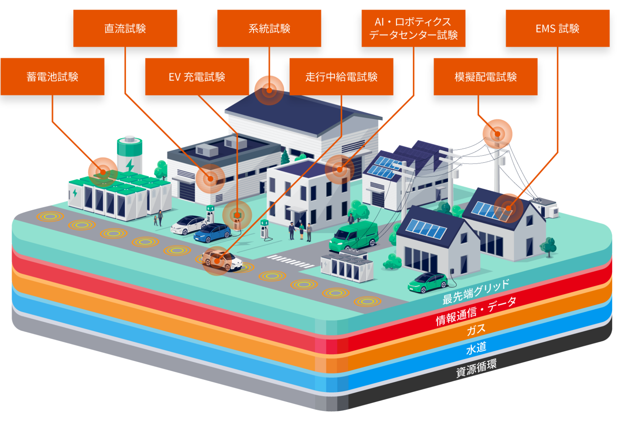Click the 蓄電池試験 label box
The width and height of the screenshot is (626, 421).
[x=53, y=76]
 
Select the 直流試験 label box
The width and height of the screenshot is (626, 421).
[x=125, y=28]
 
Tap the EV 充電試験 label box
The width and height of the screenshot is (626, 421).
[x=197, y=76]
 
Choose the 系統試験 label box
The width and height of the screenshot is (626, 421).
[x=269, y=28]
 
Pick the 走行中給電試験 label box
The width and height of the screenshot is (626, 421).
[x=341, y=76]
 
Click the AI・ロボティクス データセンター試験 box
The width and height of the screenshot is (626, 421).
[x=413, y=28]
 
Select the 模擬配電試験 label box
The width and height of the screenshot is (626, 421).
[x=486, y=76]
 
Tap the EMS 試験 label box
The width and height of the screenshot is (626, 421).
[x=558, y=28]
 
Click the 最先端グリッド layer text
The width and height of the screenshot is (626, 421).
[x=476, y=292]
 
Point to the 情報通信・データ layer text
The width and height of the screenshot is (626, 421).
[x=476, y=311]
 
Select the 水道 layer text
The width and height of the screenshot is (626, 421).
[x=476, y=348]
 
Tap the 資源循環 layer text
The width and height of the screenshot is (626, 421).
[x=476, y=368]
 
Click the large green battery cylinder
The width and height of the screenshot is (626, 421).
[x=130, y=154]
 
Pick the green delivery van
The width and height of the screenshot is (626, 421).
[x=354, y=236]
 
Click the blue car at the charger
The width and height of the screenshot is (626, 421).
[x=213, y=232]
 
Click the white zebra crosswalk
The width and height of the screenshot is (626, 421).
[x=290, y=261]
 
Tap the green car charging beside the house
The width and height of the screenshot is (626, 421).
[x=428, y=282]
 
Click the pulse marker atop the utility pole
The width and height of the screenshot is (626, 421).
[x=497, y=134]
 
